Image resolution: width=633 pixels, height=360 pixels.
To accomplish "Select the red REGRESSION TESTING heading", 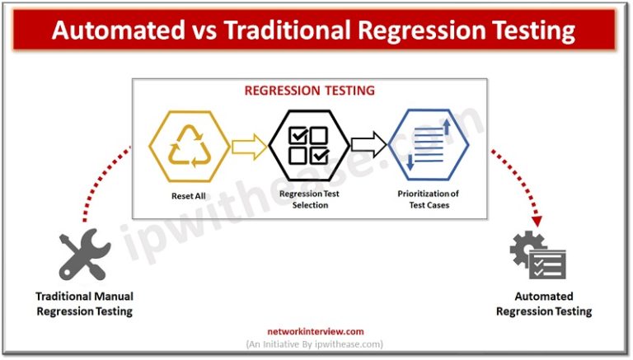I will click(x=309, y=91).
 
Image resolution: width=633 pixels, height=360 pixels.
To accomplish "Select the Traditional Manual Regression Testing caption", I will click(x=84, y=303).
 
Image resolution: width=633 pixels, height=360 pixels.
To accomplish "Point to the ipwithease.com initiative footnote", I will click(x=315, y=344).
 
